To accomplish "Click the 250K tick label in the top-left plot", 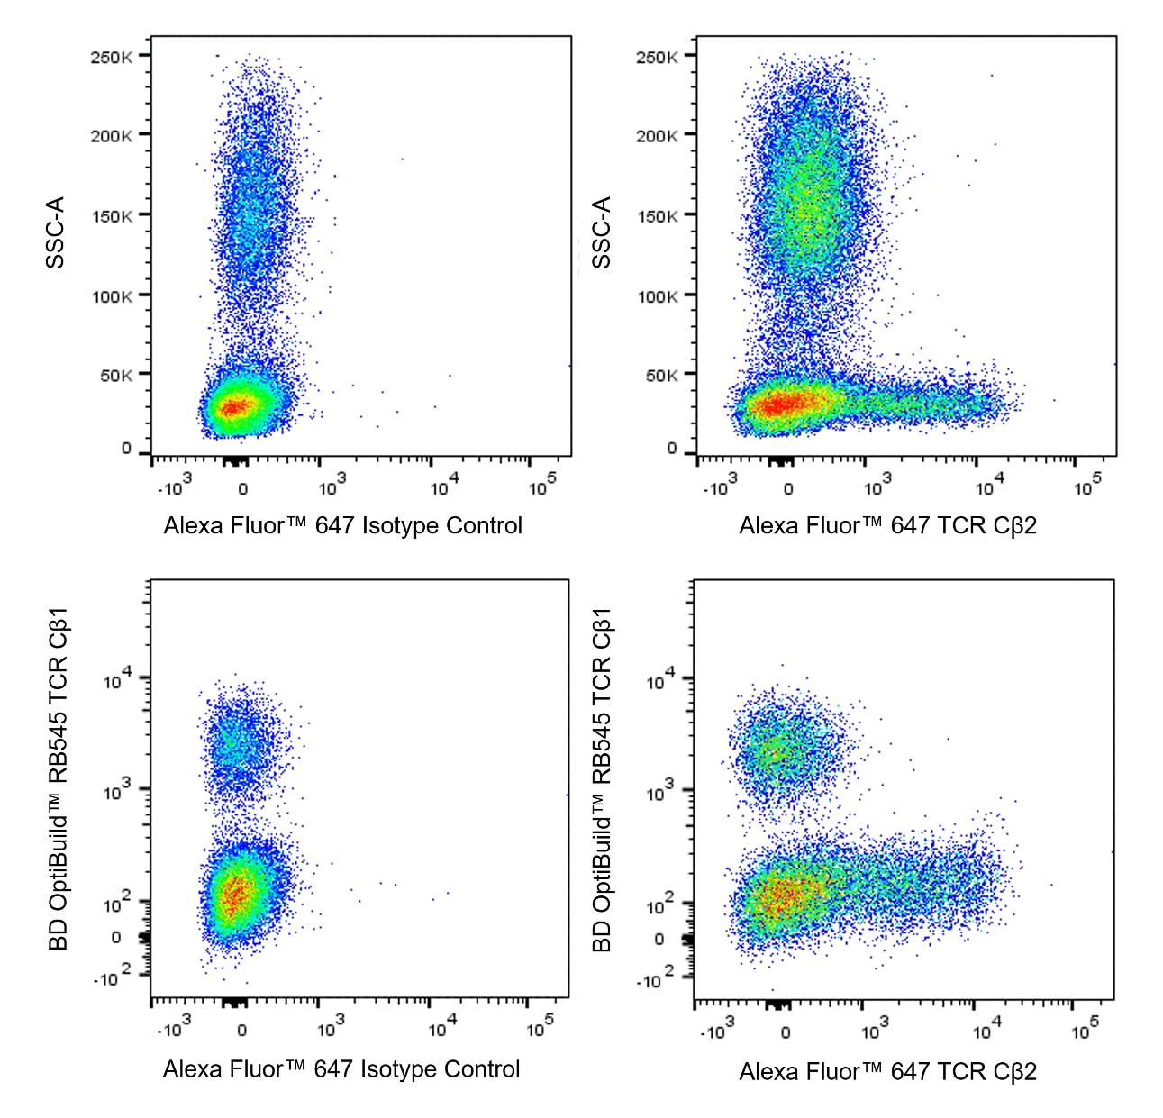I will pos(111,58).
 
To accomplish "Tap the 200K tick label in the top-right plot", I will pos(657,136).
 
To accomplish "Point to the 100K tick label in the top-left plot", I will pos(112,296).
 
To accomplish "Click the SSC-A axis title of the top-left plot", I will pos(56,232).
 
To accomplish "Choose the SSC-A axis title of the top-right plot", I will pos(602,232).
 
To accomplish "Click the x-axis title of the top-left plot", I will pos(342,526).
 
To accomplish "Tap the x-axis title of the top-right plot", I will pos(887,526).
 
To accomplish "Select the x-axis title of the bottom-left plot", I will pos(341,1069).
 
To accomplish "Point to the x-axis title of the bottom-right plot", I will pos(887,1072).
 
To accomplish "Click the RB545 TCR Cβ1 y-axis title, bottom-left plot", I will pos(59,779).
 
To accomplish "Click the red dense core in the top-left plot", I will pos(232,408).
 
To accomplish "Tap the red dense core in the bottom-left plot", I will pos(234,894).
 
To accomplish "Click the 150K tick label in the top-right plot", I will pos(657,216).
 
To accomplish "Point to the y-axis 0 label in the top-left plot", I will pos(126,449).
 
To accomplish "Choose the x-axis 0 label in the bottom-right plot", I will pos(786,1032).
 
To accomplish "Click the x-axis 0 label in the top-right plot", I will pos(788,489).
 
